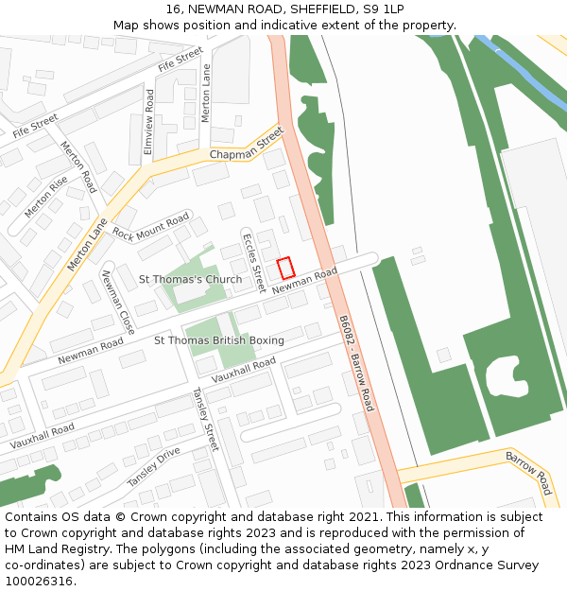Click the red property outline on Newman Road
pyautogui.click(x=285, y=269)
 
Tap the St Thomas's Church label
pyautogui.click(x=190, y=280)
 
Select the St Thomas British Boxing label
pyautogui.click(x=218, y=340)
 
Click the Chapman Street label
pyautogui.click(x=247, y=147)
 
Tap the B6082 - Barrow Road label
pyautogui.click(x=356, y=364)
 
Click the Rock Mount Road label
pyautogui.click(x=151, y=227)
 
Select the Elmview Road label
pyautogui.click(x=147, y=122)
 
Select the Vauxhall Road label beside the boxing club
pyautogui.click(x=244, y=370)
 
